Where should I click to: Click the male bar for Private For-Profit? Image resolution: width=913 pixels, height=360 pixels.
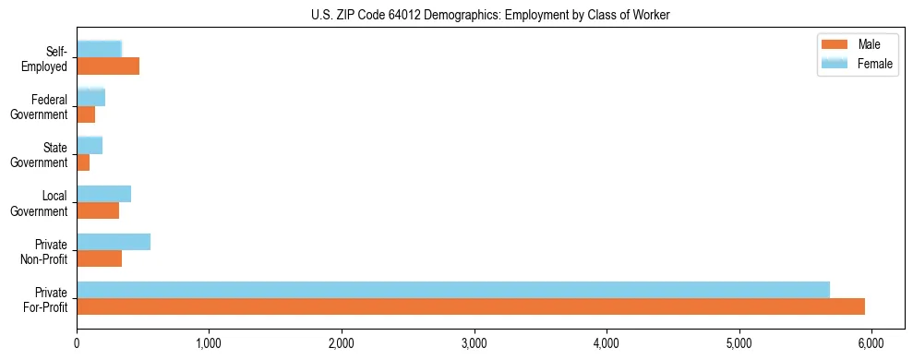471,306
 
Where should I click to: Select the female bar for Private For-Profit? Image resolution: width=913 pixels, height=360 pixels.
453,290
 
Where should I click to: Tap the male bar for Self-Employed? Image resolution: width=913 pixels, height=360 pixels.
108,66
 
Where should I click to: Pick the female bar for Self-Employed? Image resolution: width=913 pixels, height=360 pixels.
100,50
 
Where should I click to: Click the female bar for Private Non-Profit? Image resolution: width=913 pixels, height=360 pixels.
114,242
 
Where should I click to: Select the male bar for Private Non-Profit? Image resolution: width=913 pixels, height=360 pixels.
100,258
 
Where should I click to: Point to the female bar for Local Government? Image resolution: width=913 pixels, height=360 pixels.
104,194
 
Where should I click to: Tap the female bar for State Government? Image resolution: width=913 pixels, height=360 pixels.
90,146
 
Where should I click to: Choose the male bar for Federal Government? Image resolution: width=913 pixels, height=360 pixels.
86,114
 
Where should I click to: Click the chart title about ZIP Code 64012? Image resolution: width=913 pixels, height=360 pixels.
490,14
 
